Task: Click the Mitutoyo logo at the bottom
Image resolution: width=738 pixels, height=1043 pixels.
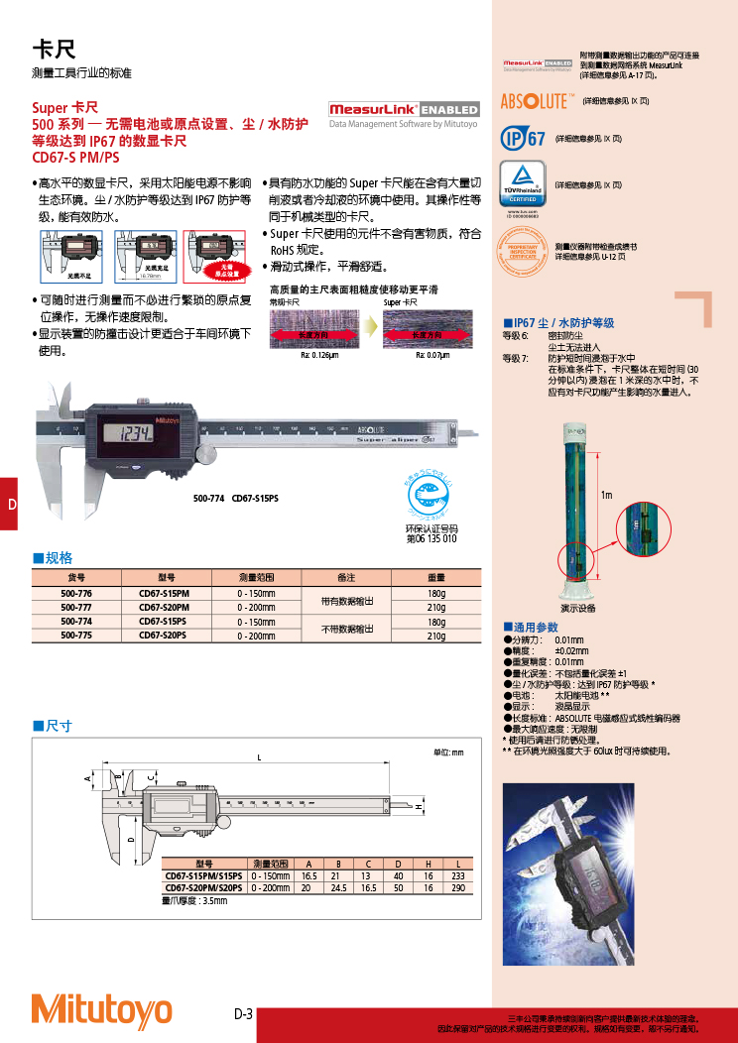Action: pyautogui.click(x=101, y=1008)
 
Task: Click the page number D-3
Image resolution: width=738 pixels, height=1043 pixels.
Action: pyautogui.click(x=244, y=1014)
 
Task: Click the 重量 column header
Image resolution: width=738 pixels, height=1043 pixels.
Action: pyautogui.click(x=435, y=577)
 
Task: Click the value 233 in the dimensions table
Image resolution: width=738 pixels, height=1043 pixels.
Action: pyautogui.click(x=457, y=876)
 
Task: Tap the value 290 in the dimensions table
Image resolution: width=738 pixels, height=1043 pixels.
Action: pyautogui.click(x=457, y=888)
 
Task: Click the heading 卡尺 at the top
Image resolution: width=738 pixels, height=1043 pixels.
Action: pyautogui.click(x=54, y=49)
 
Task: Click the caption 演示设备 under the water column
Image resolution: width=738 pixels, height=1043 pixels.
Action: pyautogui.click(x=577, y=608)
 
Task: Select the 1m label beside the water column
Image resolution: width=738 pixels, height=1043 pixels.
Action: pyautogui.click(x=606, y=494)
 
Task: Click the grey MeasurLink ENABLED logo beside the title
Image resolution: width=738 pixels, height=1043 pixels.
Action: pyautogui.click(x=403, y=109)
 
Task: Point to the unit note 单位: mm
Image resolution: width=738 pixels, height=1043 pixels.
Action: pyautogui.click(x=448, y=753)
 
